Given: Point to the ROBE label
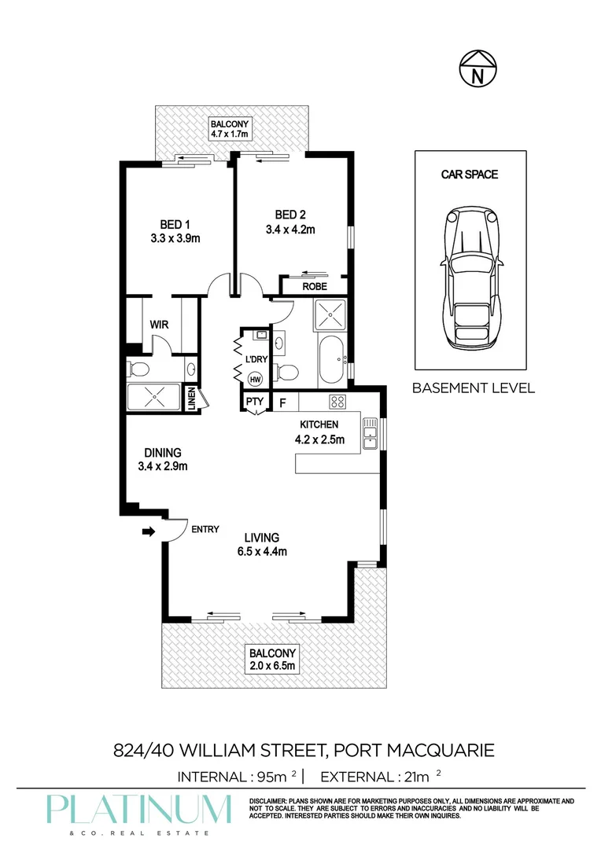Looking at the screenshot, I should (x=315, y=287).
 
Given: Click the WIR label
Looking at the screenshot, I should (x=160, y=325).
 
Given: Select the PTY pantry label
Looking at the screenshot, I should (x=253, y=402).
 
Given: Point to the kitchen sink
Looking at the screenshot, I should (x=370, y=434).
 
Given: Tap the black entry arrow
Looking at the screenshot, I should (x=148, y=532).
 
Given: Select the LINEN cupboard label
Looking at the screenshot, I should (x=190, y=399).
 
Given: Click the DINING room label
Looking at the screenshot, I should (x=163, y=453).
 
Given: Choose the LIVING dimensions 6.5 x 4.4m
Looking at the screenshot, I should (x=261, y=551).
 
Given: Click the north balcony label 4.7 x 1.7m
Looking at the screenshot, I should (x=229, y=134).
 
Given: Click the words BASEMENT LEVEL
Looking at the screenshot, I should (x=473, y=388).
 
